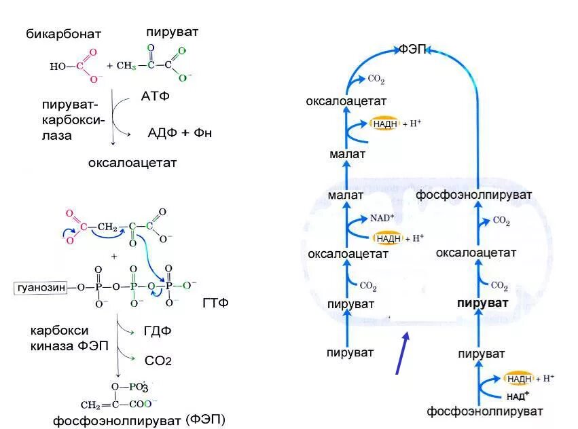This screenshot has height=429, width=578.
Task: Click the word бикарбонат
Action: coord(64,34)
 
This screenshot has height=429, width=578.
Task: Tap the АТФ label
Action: coord(155,96)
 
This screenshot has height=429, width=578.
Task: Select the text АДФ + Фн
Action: coord(179,132)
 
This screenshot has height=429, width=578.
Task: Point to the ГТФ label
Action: coord(215,302)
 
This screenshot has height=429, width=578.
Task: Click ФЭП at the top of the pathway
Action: coord(412,50)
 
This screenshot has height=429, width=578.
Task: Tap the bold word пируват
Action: coord(482,303)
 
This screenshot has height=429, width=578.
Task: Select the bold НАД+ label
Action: coord(518,395)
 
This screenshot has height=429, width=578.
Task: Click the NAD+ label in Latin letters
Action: coord(382,219)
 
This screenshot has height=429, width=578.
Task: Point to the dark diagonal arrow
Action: coord(402,352)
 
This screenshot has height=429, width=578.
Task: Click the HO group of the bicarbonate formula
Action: coord(57,67)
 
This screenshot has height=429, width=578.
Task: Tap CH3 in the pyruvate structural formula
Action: coord(126,66)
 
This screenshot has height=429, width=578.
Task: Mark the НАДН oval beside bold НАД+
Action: coord(519,379)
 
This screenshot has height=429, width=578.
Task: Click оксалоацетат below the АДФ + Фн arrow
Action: coord(132,163)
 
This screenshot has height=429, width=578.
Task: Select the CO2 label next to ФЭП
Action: coord(376,80)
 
